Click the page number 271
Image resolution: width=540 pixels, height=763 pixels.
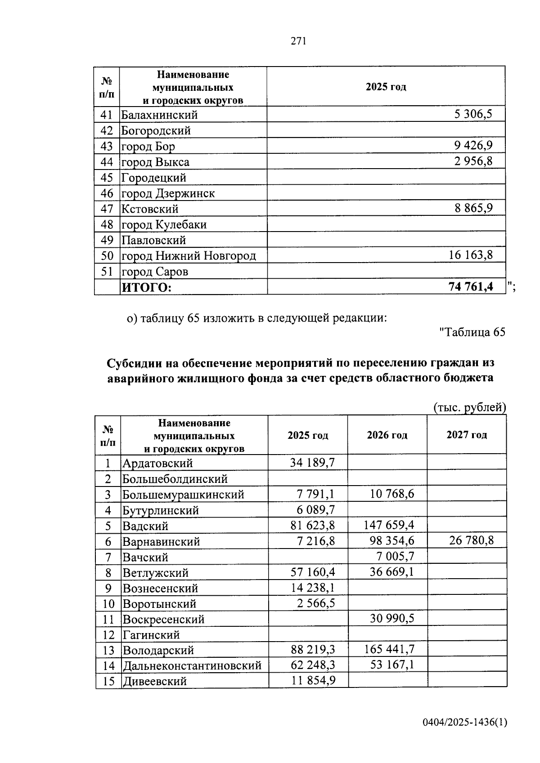pyautogui.click(x=298, y=41)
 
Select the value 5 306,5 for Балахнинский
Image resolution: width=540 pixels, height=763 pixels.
pyautogui.click(x=473, y=114)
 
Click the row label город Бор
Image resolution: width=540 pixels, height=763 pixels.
pyautogui.click(x=148, y=147)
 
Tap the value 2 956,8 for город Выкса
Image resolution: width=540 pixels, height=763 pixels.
pyautogui.click(x=473, y=161)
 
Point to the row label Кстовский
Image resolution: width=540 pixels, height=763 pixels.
pyautogui.click(x=150, y=209)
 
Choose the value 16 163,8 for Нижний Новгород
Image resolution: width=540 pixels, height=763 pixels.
pyautogui.click(x=470, y=255)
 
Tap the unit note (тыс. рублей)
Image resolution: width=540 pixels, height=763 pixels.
pyautogui.click(x=469, y=407)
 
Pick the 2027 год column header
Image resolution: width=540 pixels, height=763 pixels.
pyautogui.click(x=467, y=435)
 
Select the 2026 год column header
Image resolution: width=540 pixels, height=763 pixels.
pyautogui.click(x=387, y=435)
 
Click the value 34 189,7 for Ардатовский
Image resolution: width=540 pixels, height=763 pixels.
pyautogui.click(x=312, y=463)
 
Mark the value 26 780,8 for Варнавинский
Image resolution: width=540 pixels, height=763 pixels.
pyautogui.click(x=471, y=540)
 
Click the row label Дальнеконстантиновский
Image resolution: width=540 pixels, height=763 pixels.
pyautogui.click(x=192, y=666)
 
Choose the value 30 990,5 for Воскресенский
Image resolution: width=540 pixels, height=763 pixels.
pyautogui.click(x=392, y=619)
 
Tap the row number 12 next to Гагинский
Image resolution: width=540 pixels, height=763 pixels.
pyautogui.click(x=108, y=635)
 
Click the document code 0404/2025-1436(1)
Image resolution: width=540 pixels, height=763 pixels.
pyautogui.click(x=465, y=723)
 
